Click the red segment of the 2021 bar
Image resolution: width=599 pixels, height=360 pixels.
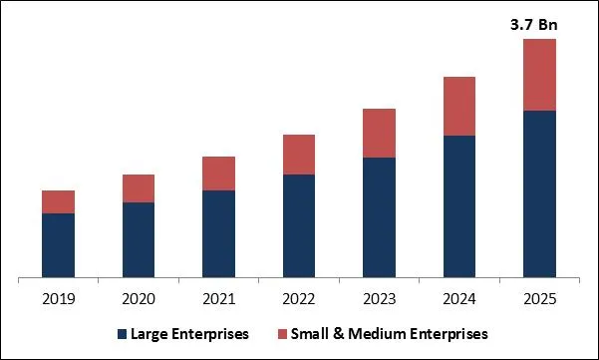[x=218, y=174]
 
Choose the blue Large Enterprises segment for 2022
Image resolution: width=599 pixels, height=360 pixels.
[x=299, y=225]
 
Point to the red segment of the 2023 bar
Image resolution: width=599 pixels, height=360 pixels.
[x=379, y=133]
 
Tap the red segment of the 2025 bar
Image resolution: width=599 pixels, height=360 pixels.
[x=539, y=75]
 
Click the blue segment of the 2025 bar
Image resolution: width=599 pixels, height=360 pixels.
[x=539, y=193]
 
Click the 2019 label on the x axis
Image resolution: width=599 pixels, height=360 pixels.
[x=58, y=298]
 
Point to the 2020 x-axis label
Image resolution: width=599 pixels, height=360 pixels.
[x=139, y=298]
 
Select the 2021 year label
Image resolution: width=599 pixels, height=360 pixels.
[x=218, y=298]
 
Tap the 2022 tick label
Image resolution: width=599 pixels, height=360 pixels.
[x=299, y=298]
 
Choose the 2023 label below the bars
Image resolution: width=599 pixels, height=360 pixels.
[x=379, y=298]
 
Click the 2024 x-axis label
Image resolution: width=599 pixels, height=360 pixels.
[x=459, y=298]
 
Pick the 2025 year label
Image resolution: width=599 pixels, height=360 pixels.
[x=539, y=298]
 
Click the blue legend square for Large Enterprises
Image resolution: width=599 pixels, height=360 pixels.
[x=123, y=333]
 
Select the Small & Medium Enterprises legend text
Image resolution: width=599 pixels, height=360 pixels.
[x=390, y=333]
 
